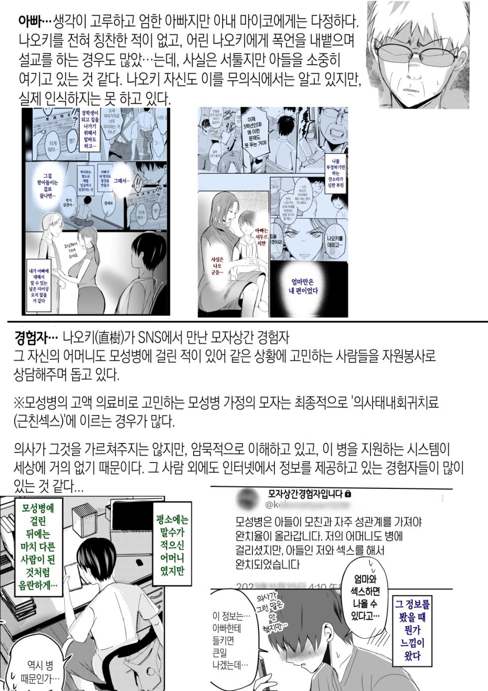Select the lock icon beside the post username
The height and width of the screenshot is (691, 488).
point(347,494)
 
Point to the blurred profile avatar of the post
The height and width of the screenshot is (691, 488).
point(245,498)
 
